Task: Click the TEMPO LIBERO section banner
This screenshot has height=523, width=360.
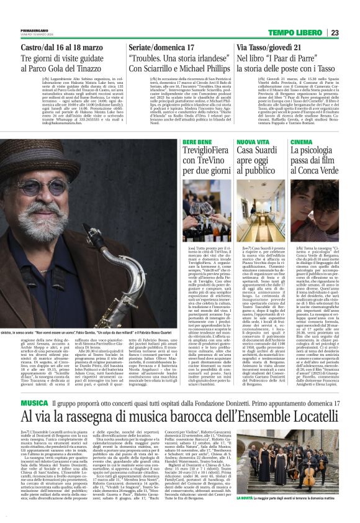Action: point(297,33)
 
